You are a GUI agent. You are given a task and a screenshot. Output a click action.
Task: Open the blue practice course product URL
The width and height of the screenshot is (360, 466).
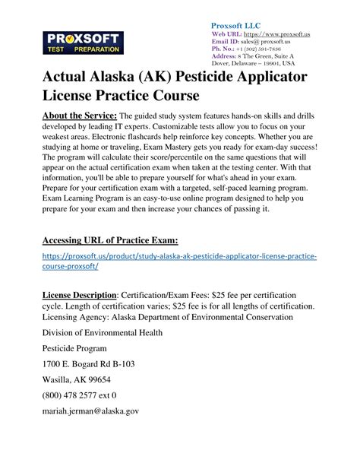(x=180, y=262)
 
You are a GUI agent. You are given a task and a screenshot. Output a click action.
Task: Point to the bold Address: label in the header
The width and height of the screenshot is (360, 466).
(x=225, y=55)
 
